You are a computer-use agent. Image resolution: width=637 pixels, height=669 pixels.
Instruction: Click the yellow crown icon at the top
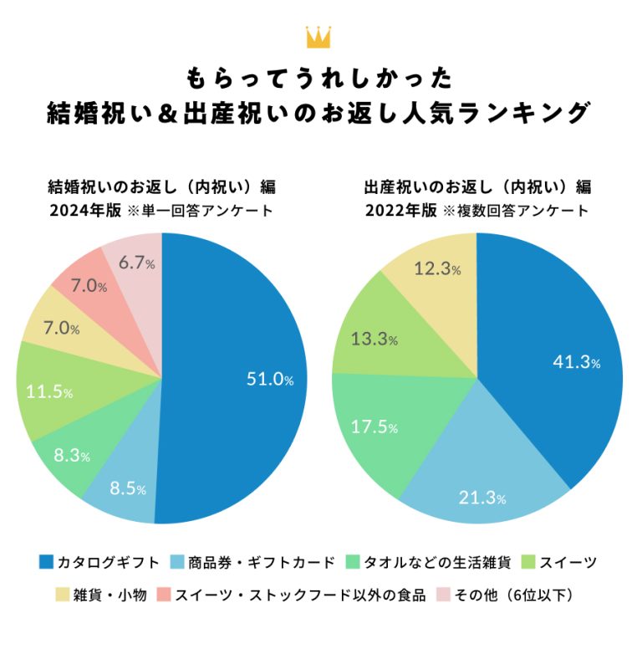318,38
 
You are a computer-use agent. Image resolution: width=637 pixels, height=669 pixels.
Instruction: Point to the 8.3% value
71,456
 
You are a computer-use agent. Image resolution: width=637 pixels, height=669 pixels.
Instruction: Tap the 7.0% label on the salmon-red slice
89,286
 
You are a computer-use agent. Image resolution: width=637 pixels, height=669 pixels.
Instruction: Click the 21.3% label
482,498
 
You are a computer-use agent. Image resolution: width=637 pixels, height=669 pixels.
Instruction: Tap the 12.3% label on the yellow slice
437,268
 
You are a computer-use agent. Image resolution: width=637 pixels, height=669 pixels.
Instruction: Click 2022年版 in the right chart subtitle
400,211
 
